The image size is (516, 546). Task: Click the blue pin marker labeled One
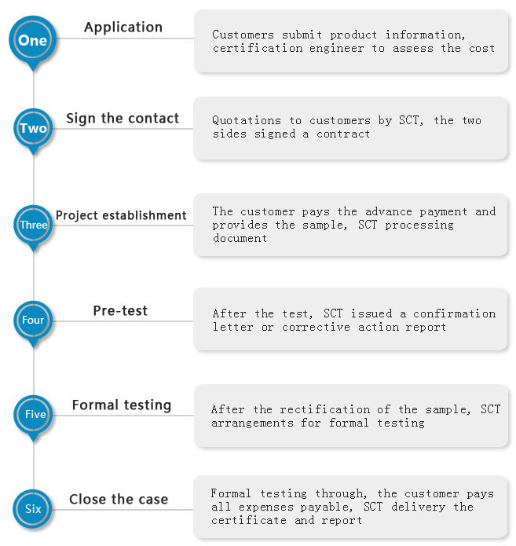tap(33, 42)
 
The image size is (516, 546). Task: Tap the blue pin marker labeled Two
tap(34, 130)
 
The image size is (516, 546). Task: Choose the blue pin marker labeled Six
tap(33, 509)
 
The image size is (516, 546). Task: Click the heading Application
tap(123, 27)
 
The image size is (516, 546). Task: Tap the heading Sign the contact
tap(123, 119)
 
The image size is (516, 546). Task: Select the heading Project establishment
tap(121, 215)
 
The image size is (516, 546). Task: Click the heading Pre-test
tap(120, 310)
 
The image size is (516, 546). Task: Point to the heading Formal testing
tap(122, 405)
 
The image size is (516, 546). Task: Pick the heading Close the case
tap(119, 499)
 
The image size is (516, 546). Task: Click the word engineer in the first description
tap(337, 49)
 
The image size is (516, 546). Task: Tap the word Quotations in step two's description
tap(247, 120)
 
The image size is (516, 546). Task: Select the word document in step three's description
tap(240, 238)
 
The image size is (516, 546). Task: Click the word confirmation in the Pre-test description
tap(455, 313)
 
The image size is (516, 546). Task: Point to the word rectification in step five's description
tap(325, 409)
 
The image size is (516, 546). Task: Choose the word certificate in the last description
tap(249, 520)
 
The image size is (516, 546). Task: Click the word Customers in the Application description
tap(243, 35)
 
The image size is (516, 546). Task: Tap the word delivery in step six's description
tap(418, 508)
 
